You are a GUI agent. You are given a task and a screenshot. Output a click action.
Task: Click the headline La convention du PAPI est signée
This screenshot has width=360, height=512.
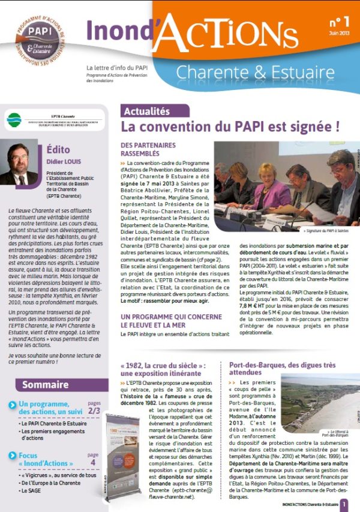click(x=230, y=127)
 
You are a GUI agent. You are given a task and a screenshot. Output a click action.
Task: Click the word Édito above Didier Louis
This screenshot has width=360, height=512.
click(x=58, y=150)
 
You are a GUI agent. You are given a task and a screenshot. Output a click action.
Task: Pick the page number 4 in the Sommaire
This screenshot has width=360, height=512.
click(x=93, y=462)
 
